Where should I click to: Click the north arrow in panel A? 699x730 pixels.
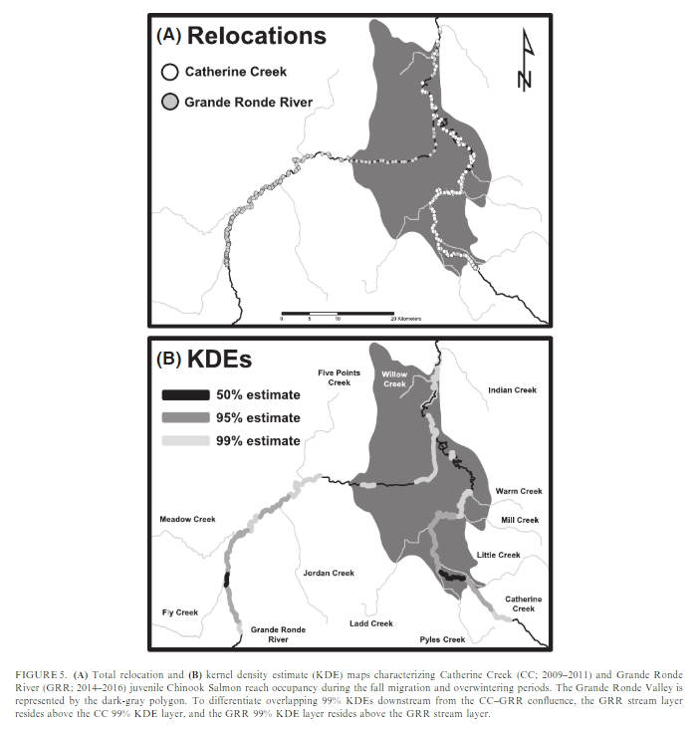(x=526, y=62)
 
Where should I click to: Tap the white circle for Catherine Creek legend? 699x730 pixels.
(x=169, y=72)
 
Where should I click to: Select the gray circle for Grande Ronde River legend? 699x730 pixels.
(x=169, y=102)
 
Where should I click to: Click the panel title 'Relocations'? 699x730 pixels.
(x=256, y=36)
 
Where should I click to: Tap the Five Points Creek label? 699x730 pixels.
(x=335, y=378)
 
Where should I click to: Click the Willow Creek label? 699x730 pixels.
(x=395, y=378)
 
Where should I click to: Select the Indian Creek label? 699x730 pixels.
(x=513, y=390)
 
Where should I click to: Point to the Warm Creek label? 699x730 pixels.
(x=518, y=491)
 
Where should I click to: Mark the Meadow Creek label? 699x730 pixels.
(x=188, y=519)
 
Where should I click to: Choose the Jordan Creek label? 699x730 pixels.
(x=329, y=573)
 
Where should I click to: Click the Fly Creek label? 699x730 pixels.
(x=180, y=612)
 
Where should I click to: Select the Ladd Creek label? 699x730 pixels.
(x=371, y=623)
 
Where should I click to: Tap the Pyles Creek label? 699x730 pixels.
(x=441, y=639)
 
